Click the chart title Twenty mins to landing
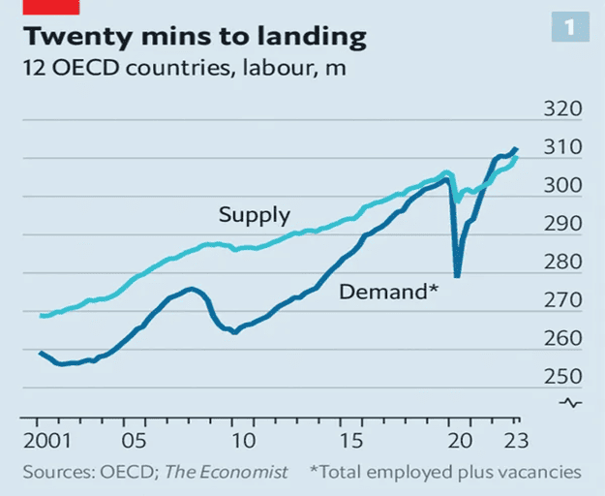click(194, 39)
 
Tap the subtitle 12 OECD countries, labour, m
click(182, 70)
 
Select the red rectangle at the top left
click(38, 8)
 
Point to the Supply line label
click(254, 215)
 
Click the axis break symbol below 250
click(572, 403)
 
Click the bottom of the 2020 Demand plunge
click(457, 276)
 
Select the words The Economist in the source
click(227, 472)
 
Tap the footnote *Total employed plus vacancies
click(445, 472)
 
